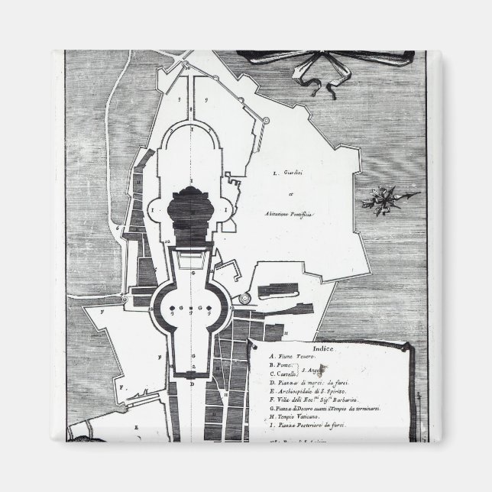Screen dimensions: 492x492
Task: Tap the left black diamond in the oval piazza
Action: (174, 309)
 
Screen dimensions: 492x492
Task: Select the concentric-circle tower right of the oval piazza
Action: (244, 299)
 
